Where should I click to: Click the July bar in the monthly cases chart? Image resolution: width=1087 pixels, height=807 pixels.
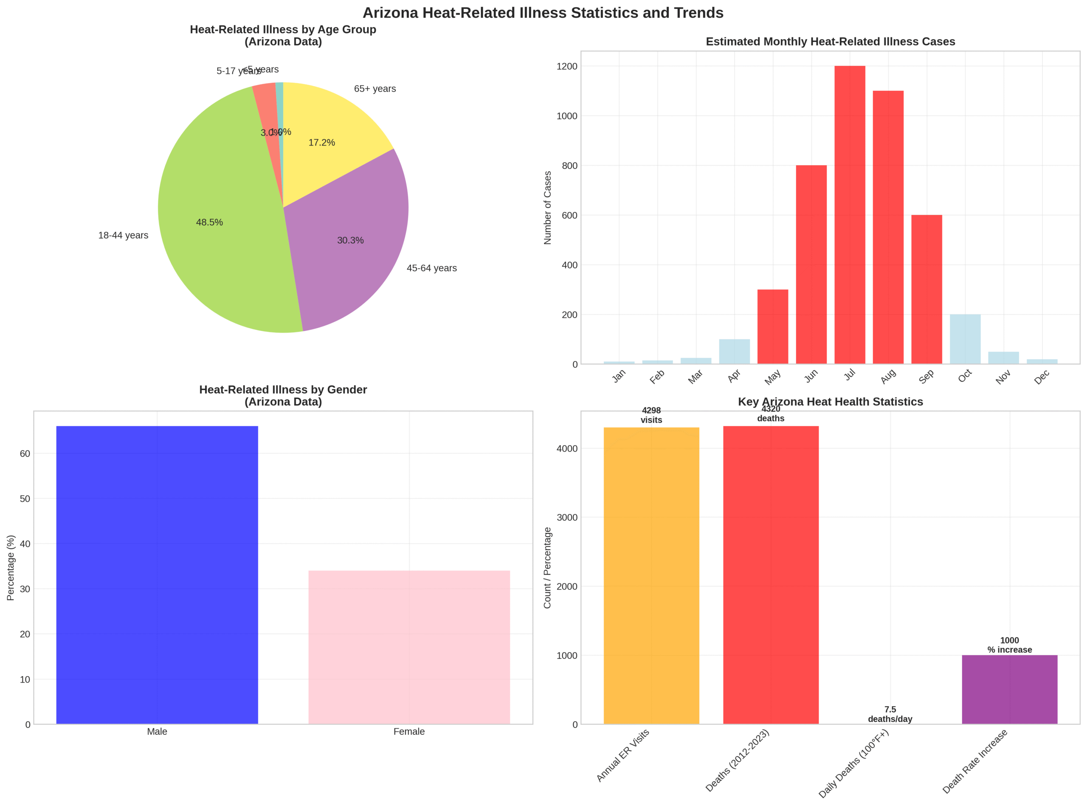click(849, 215)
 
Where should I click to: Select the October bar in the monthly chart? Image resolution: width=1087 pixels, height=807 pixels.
click(964, 339)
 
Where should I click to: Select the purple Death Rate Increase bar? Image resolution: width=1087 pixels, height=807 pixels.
click(1009, 689)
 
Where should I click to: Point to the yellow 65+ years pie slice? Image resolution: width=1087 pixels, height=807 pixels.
click(332, 132)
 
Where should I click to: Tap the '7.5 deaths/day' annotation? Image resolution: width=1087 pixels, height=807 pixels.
click(890, 714)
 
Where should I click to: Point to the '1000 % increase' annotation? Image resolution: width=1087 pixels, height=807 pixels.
click(1009, 645)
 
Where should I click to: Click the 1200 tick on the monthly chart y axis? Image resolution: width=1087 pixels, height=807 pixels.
click(566, 66)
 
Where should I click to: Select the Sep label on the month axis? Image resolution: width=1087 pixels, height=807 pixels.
click(926, 376)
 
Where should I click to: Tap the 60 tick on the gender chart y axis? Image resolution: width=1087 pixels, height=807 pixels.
click(25, 453)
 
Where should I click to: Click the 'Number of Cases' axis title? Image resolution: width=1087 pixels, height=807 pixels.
click(548, 208)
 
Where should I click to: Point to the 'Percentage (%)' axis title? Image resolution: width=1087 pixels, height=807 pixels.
click(11, 568)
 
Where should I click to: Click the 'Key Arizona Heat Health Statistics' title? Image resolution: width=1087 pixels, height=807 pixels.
click(830, 402)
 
